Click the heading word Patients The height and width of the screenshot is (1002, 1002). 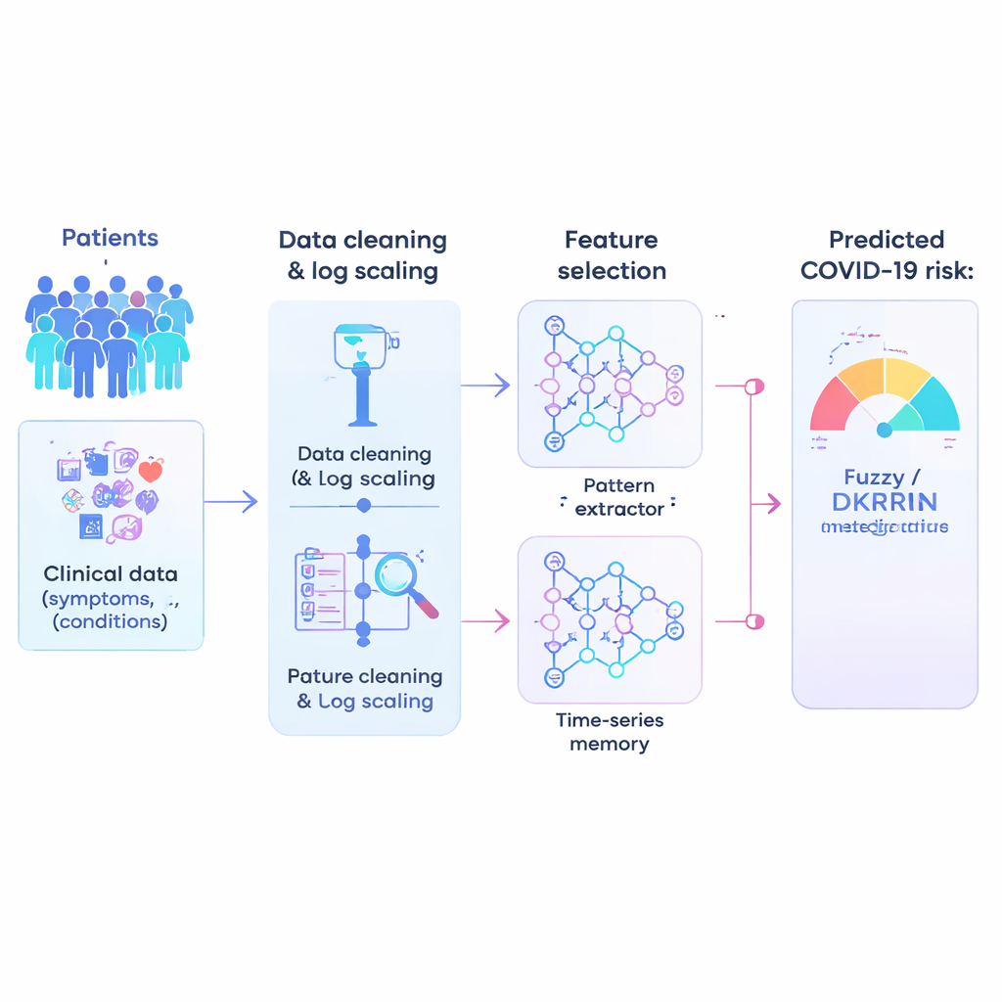point(110,238)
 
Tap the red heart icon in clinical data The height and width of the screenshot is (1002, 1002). point(150,472)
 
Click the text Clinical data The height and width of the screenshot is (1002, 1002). point(111,574)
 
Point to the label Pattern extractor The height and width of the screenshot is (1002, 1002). point(618,497)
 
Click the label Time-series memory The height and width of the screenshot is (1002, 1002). point(609,732)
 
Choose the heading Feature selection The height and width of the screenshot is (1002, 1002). point(612,255)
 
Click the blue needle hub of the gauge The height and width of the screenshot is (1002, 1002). point(885,430)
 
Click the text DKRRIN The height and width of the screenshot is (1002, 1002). point(885,503)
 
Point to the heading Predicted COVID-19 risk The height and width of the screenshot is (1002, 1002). point(887,255)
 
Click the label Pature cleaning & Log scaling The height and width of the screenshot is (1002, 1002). point(365,689)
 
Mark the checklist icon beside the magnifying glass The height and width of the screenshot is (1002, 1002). point(320,589)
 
